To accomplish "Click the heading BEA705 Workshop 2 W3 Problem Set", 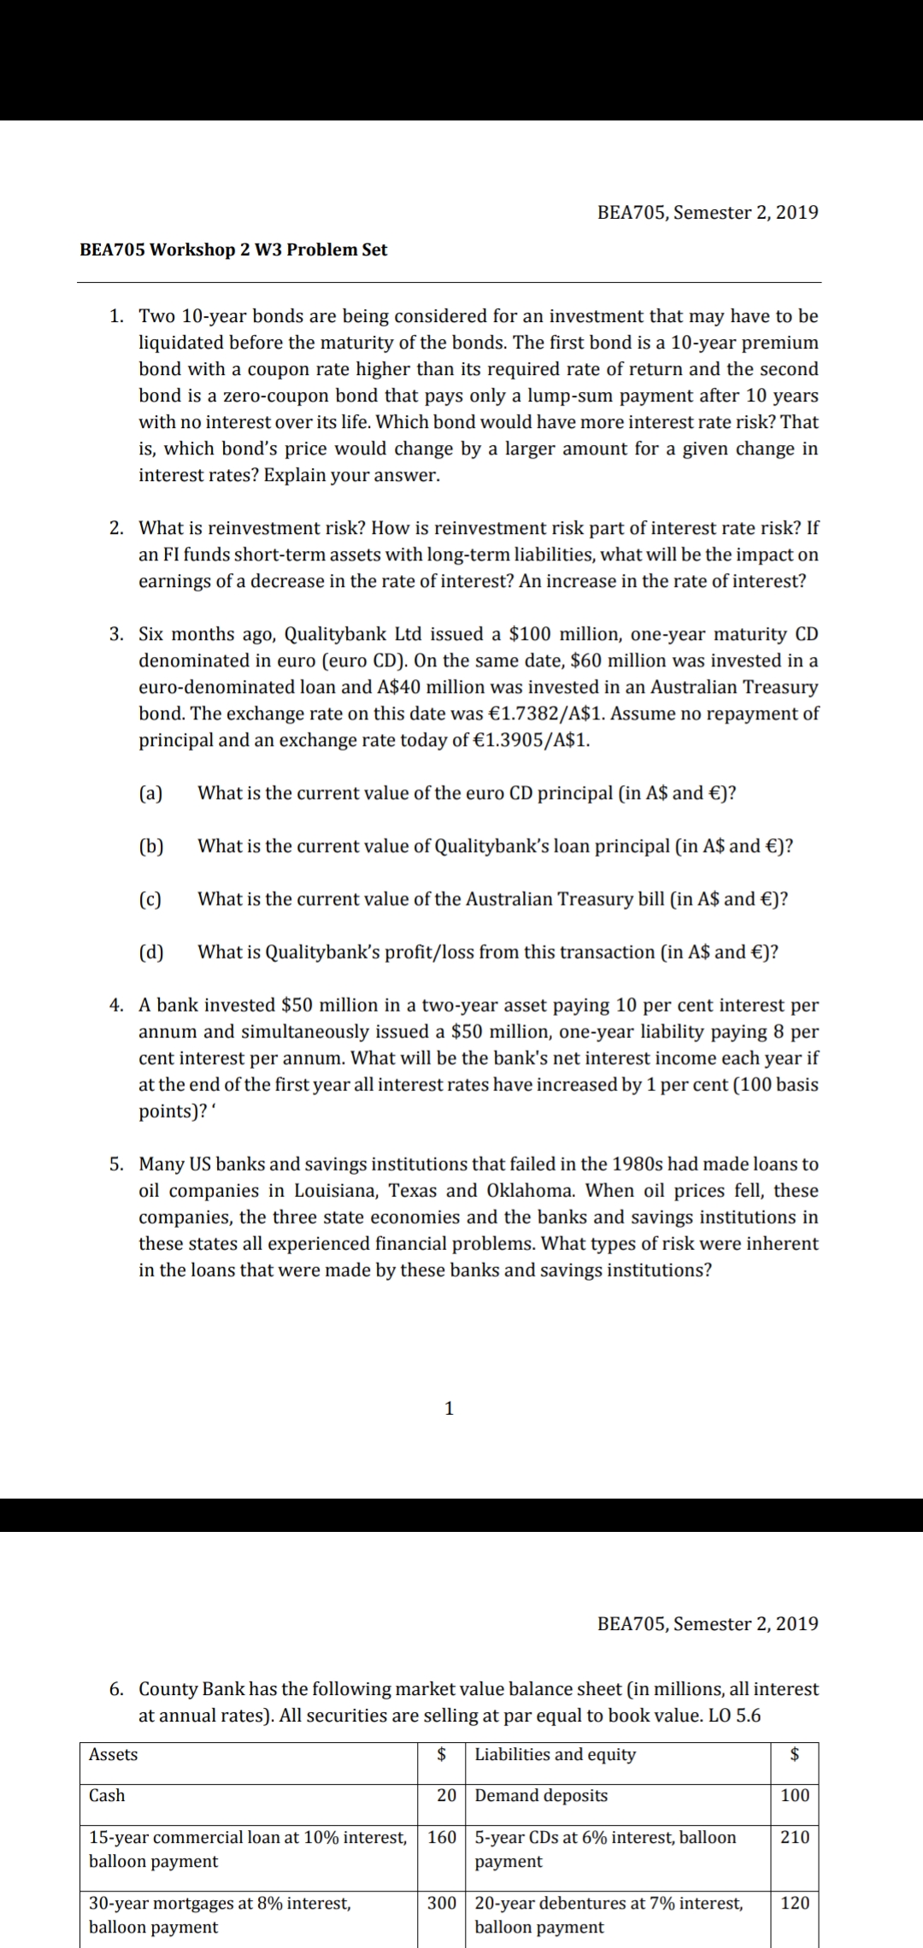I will pyautogui.click(x=233, y=250).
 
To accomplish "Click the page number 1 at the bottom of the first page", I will pyautogui.click(x=450, y=1409).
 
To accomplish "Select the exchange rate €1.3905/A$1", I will pyautogui.click(x=531, y=740).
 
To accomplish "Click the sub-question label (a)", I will pyautogui.click(x=151, y=793).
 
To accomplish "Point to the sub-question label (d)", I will pyautogui.click(x=151, y=952).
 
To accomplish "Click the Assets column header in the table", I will pyautogui.click(x=114, y=1755).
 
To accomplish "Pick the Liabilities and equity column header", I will pyautogui.click(x=555, y=1755).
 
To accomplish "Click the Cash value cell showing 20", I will pyautogui.click(x=446, y=1795).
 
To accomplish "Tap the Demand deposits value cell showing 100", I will pyautogui.click(x=794, y=1795).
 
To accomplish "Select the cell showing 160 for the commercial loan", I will pyautogui.click(x=442, y=1837).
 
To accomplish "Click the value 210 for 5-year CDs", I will pyautogui.click(x=794, y=1837).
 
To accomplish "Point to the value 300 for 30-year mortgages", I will pyautogui.click(x=442, y=1903).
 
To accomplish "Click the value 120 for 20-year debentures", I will pyautogui.click(x=794, y=1903).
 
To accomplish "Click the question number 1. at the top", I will pyautogui.click(x=117, y=316).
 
